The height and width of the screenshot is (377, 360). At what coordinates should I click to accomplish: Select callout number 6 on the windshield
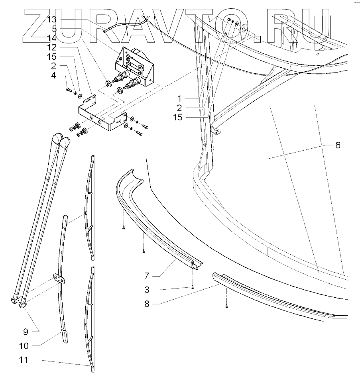(338, 145)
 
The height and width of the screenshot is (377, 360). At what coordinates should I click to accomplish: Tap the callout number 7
(146, 275)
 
